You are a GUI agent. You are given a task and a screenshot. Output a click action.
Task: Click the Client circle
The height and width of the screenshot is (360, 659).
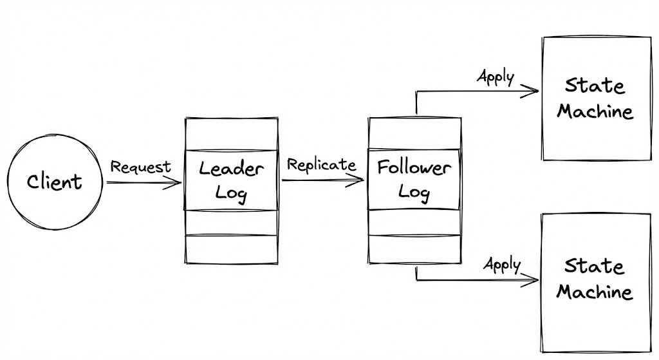click(x=55, y=182)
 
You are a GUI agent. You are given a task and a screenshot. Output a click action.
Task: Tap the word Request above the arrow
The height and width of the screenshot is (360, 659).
click(x=140, y=167)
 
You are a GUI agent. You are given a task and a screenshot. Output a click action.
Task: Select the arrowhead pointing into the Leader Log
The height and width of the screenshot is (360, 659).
click(x=176, y=183)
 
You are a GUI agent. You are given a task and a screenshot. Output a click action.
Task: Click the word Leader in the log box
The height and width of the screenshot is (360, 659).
click(x=231, y=170)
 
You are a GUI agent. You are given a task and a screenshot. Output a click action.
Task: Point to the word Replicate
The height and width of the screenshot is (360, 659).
click(x=321, y=164)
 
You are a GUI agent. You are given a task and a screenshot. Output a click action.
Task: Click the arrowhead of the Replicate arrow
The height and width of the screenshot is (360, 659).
click(x=359, y=180)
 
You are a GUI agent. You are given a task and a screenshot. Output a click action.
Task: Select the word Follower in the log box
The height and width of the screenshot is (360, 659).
click(x=414, y=168)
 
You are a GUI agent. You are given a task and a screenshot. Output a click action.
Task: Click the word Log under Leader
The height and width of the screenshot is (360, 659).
click(x=231, y=193)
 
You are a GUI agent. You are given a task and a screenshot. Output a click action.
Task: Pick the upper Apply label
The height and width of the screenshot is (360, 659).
click(x=496, y=77)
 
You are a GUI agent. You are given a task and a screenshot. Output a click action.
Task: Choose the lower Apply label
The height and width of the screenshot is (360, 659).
click(x=502, y=263)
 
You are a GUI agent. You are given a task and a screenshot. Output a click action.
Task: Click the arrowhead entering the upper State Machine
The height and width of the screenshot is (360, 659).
click(x=533, y=91)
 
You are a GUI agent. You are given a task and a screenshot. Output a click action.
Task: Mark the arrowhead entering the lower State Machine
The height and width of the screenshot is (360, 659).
click(x=533, y=280)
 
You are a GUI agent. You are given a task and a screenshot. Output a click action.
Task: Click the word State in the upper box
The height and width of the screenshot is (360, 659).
click(x=595, y=86)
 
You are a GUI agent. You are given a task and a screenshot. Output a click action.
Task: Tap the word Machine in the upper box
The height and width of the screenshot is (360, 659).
click(x=595, y=111)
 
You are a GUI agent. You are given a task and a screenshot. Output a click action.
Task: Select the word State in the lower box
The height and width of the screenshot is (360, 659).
click(x=595, y=266)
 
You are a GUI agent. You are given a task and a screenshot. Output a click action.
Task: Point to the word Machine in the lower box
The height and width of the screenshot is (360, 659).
click(x=595, y=292)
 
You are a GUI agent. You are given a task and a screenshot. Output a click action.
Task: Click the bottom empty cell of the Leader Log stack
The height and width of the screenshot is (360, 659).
click(x=231, y=249)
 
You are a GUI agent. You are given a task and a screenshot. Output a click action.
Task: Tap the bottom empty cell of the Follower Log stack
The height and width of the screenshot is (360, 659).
click(x=414, y=249)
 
